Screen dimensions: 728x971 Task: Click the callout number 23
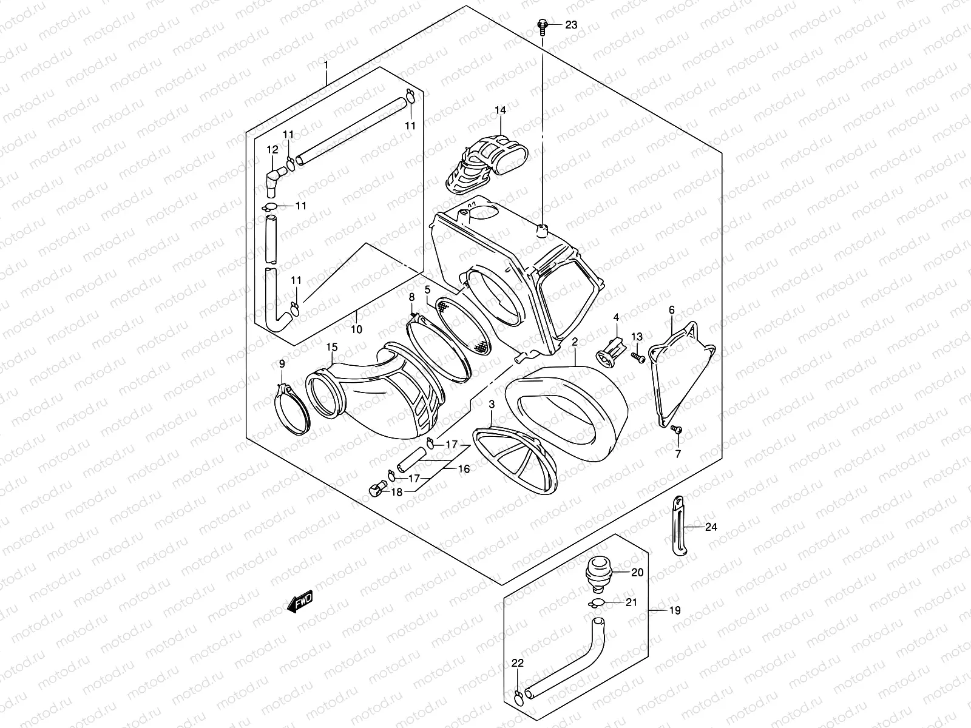tap(571, 25)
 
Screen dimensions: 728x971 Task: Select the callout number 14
tap(499, 110)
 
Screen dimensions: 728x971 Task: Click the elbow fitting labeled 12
tap(275, 178)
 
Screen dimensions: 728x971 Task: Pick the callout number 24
tap(711, 527)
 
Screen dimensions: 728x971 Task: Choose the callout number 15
tap(331, 347)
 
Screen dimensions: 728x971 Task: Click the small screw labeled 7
tap(678, 430)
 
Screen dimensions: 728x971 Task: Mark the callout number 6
tap(672, 310)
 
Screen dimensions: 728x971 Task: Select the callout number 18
tap(396, 492)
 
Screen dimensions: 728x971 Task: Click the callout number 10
tap(356, 329)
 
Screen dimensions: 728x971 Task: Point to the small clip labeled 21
tap(596, 603)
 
